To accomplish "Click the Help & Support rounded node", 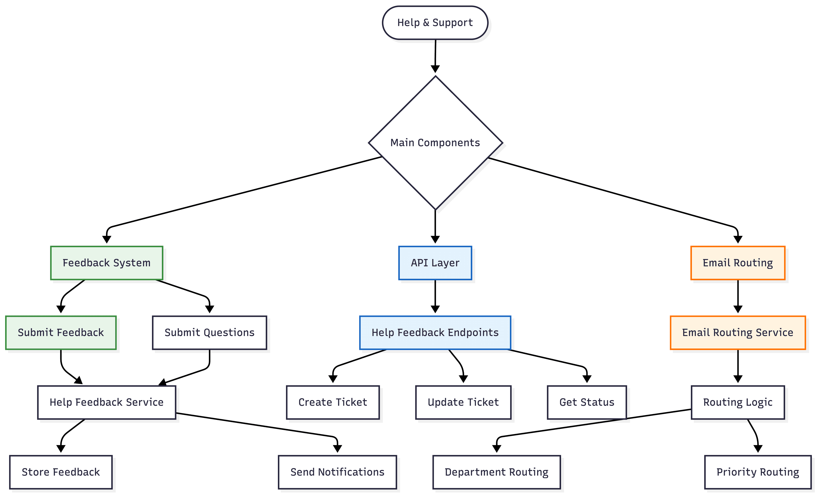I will coord(435,23).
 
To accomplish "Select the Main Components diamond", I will coord(435,143).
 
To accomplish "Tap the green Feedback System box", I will coord(106,263).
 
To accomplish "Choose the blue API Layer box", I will coord(435,263).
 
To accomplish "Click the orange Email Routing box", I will coord(738,263).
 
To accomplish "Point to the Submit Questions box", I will coord(210,333).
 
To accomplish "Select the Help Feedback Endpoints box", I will coord(435,333).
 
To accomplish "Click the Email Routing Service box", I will coord(738,333).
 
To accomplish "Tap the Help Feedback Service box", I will coord(106,402).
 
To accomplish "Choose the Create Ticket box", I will coord(333,402).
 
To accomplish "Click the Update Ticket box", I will coord(463,402).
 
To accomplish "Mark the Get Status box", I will coord(587,402).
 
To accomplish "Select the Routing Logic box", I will coord(738,402).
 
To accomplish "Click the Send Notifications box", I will coord(337,472).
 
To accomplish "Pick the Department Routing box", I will coord(496,472).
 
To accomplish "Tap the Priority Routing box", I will coord(758,472).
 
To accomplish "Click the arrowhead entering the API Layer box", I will coord(435,240).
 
